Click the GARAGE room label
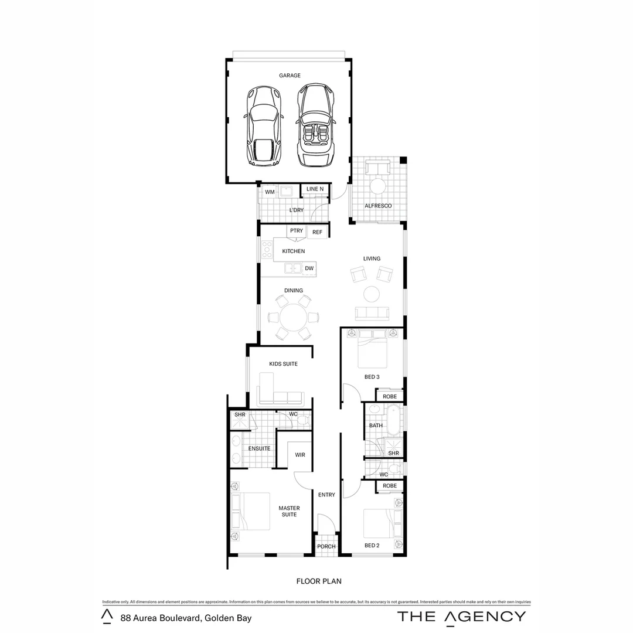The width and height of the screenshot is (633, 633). (290, 76)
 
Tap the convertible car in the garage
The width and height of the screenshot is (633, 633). (316, 124)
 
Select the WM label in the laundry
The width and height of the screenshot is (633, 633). (270, 192)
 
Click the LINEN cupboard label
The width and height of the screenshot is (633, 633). (315, 189)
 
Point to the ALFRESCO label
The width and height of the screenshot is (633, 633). (378, 206)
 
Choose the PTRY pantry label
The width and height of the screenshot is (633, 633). (297, 231)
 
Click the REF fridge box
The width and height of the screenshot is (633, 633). (317, 232)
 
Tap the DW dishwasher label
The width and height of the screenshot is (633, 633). (309, 268)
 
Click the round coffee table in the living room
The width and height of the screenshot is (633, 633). (372, 294)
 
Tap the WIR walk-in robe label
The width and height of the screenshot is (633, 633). (300, 454)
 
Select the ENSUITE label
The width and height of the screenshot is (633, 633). (259, 448)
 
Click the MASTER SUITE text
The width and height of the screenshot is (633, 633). (289, 511)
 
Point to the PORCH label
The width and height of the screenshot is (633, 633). (326, 546)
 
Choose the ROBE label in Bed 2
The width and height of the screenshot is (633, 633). (390, 486)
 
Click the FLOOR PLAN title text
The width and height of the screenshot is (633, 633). (319, 581)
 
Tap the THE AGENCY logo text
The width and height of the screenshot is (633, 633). (461, 616)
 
